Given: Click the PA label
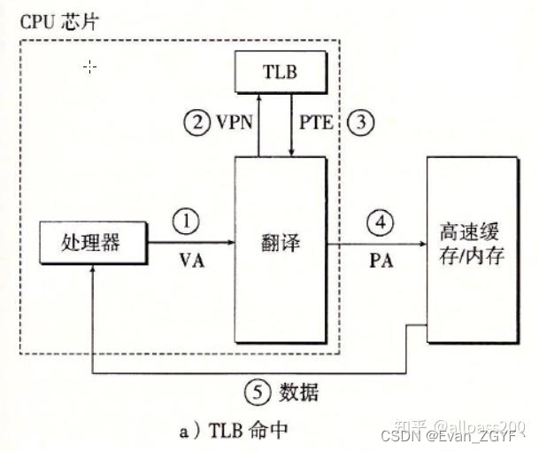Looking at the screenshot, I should (x=381, y=263).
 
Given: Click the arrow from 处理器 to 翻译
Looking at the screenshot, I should (x=189, y=242).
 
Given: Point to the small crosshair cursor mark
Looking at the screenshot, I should (x=89, y=66).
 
